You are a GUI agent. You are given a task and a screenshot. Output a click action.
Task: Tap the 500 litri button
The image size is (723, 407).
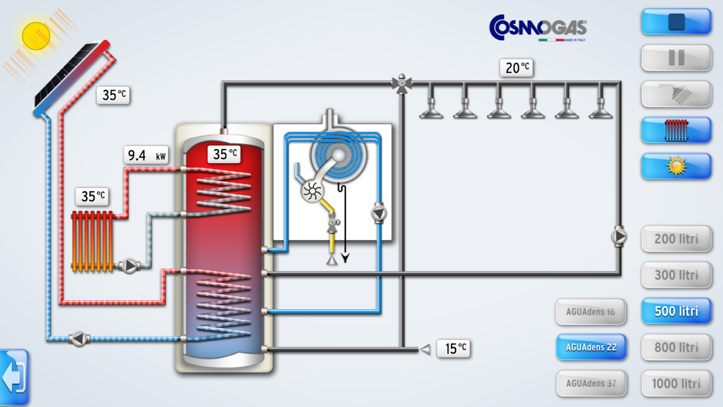676,311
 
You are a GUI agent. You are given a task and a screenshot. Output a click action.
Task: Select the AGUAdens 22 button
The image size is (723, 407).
591,347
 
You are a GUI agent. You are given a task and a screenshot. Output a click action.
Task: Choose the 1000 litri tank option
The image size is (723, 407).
676,384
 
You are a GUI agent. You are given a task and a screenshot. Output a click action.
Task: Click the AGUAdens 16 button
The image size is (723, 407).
591,311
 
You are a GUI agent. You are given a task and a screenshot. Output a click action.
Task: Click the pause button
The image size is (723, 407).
676,58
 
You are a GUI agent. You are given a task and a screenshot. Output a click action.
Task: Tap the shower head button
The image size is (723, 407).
676,94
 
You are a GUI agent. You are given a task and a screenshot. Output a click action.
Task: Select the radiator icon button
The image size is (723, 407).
676,130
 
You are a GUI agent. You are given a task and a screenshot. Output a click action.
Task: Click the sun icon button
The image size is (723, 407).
676,166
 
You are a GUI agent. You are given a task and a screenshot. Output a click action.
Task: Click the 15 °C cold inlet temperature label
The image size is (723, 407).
454,348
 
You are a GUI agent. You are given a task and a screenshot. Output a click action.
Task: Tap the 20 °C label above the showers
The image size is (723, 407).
517,68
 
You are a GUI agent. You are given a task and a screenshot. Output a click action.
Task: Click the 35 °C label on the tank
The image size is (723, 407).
224,154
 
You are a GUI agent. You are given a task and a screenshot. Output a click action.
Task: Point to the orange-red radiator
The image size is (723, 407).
92,241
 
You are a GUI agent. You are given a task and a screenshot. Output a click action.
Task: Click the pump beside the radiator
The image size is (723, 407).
129,266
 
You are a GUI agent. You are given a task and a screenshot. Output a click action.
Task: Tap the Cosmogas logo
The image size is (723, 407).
538,27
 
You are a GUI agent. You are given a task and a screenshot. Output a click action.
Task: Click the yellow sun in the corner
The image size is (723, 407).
36,35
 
